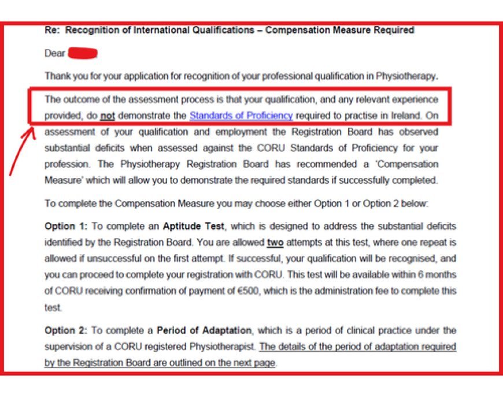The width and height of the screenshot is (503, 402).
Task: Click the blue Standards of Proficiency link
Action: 241,116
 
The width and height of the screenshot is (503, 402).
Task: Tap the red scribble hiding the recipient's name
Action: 83,54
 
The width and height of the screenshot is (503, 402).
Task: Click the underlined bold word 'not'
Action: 107,116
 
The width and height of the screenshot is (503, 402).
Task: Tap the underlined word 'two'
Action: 275,243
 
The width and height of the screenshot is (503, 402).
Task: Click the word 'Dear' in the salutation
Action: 55,54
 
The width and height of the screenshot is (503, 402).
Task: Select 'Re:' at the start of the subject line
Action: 52,30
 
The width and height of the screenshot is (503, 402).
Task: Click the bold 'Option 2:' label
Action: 65,330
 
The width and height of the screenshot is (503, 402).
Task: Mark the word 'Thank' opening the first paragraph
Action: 57,76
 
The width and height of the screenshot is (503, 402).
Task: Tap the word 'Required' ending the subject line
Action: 396,30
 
